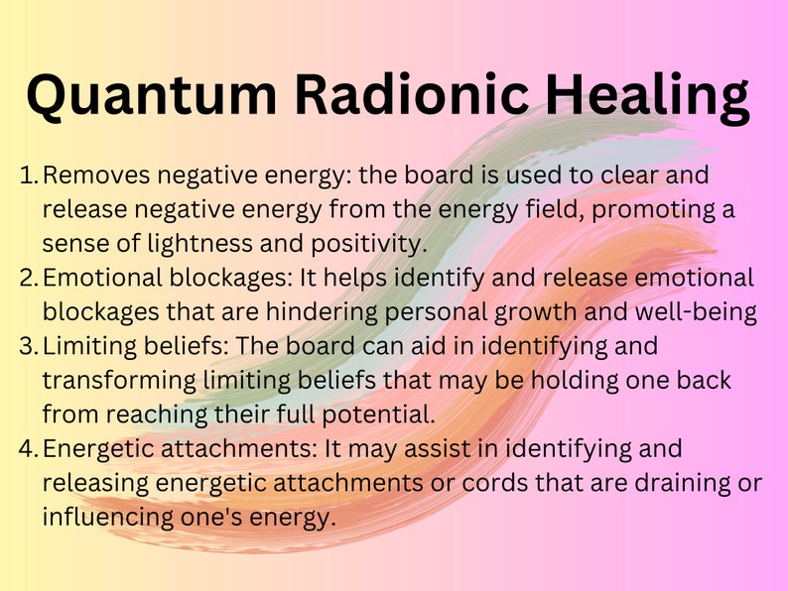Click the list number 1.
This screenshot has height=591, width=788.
point(29,176)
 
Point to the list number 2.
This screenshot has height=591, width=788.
point(29,278)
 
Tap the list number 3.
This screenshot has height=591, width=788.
point(29,346)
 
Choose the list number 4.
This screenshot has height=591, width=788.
point(29,448)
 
